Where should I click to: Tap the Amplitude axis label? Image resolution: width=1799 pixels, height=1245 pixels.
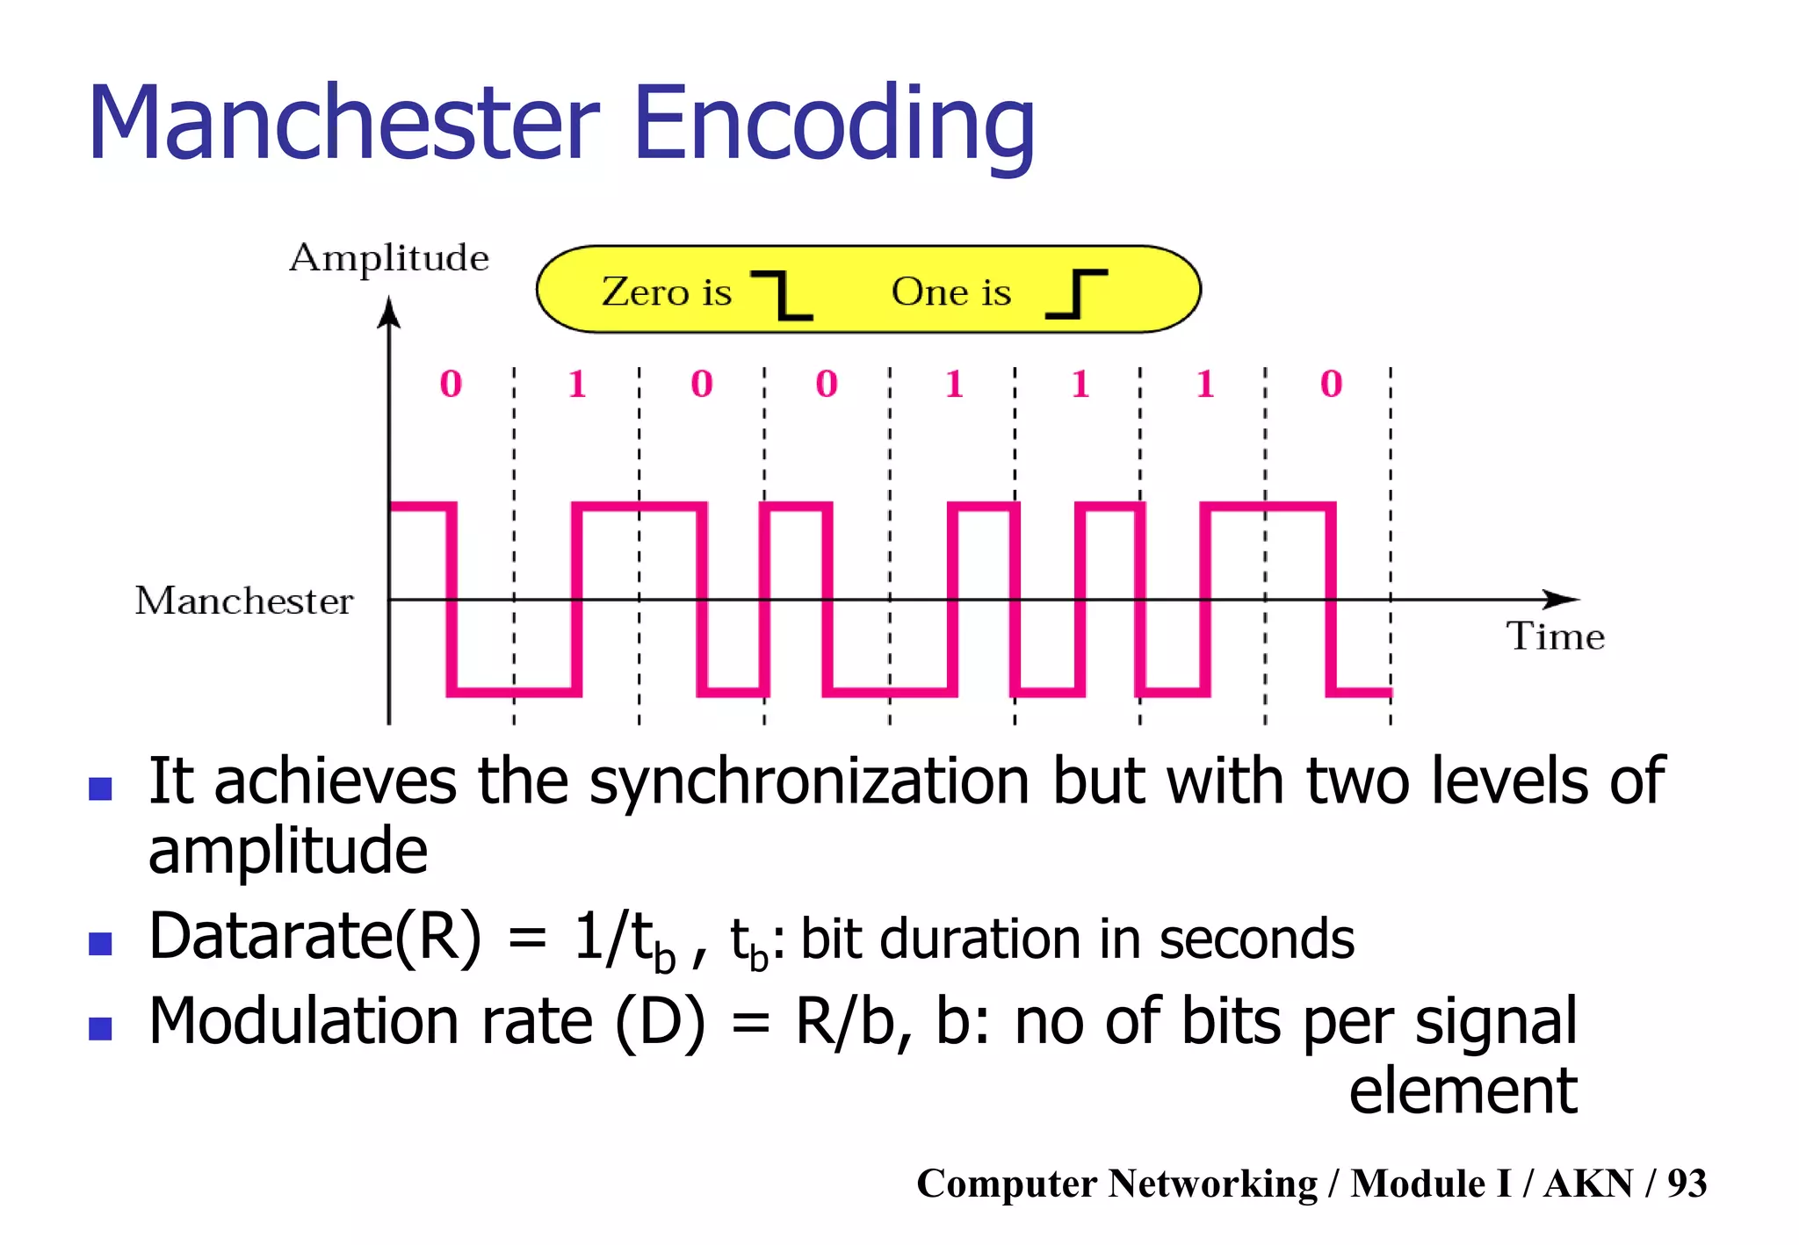tap(389, 258)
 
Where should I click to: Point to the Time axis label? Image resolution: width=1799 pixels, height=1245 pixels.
tap(1556, 636)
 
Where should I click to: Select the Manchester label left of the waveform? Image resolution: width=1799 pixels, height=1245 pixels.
tap(244, 601)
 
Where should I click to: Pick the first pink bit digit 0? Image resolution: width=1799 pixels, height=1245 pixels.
tap(451, 384)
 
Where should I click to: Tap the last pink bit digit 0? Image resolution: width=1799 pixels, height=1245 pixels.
tap(1331, 384)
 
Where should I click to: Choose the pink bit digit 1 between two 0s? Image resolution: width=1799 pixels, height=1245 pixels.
tap(577, 384)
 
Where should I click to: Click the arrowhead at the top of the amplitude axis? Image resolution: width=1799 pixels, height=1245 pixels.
tap(388, 313)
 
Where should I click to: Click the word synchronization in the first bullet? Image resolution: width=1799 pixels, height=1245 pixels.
tap(809, 781)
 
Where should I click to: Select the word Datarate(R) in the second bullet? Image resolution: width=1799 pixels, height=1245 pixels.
tap(315, 936)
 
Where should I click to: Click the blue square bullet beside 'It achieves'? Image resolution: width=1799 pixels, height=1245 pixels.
tap(100, 788)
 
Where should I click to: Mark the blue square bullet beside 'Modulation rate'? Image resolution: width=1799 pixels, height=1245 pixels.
tap(100, 1028)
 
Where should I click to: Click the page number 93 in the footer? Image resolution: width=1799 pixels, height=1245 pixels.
tap(1687, 1184)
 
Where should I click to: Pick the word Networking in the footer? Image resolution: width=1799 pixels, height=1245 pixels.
tap(1213, 1184)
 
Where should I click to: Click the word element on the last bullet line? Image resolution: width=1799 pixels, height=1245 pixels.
tap(1463, 1090)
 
